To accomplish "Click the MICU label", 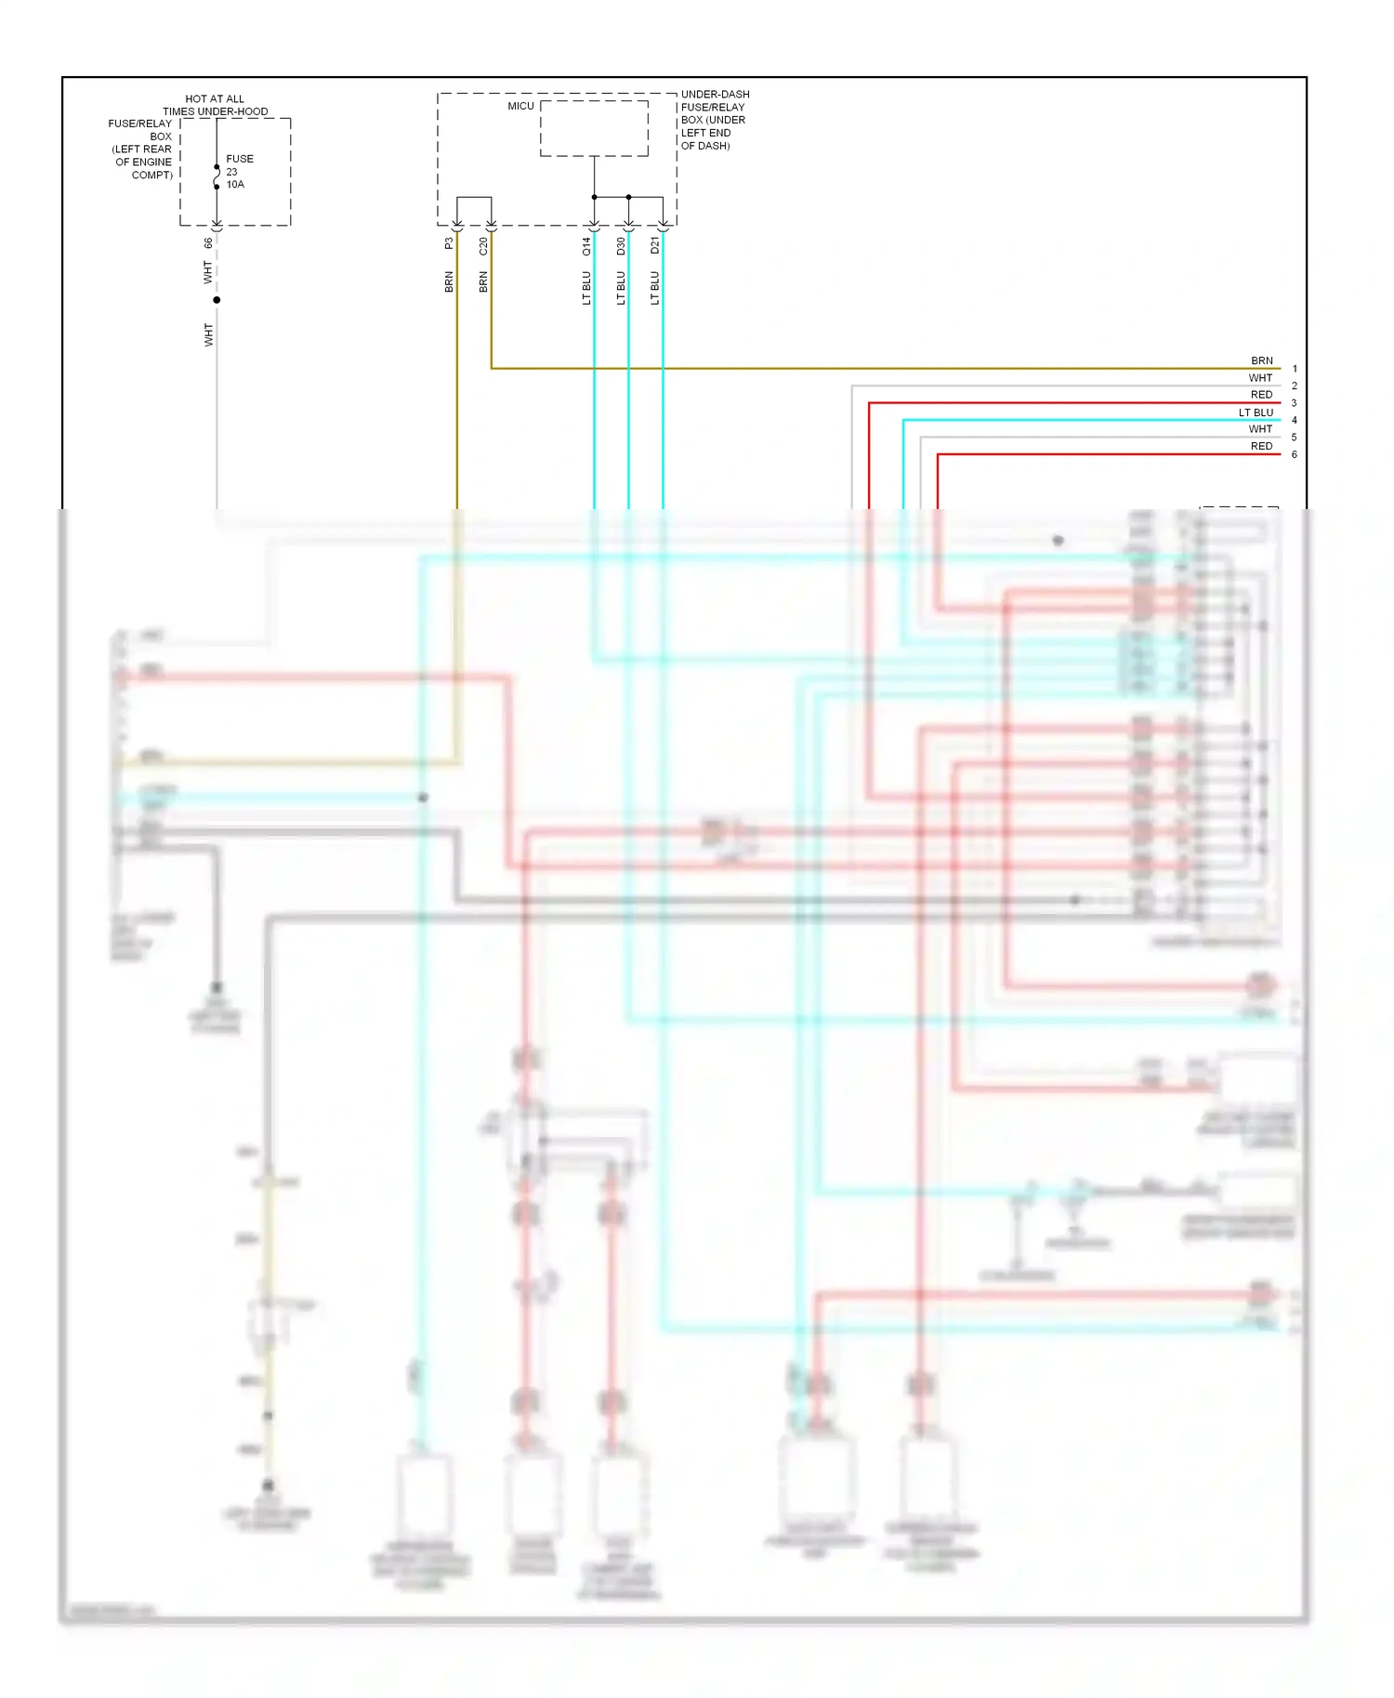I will [x=520, y=106].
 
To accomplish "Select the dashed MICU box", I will [x=594, y=128].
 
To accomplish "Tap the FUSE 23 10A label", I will [x=238, y=172].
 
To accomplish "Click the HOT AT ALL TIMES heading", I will [x=215, y=105].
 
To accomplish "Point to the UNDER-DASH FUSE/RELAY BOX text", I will [x=714, y=120].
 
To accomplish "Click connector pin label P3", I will [x=449, y=243].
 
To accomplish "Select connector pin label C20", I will [x=483, y=246].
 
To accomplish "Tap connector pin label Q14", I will [x=586, y=246].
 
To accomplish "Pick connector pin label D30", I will [x=621, y=246].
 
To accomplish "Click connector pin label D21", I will [x=655, y=245].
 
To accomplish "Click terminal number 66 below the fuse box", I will [x=208, y=242].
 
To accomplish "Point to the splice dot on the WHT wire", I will [x=217, y=300].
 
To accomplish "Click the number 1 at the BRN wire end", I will [x=1295, y=369].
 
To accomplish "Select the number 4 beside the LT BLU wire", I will [x=1295, y=421].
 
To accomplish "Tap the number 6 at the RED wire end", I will [x=1295, y=455].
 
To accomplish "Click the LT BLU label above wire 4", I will [x=1256, y=412].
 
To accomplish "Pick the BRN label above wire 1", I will [x=1261, y=360].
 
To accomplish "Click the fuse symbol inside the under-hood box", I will [x=217, y=176].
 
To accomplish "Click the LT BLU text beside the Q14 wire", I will [x=586, y=288].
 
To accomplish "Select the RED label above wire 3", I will [x=1261, y=395].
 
